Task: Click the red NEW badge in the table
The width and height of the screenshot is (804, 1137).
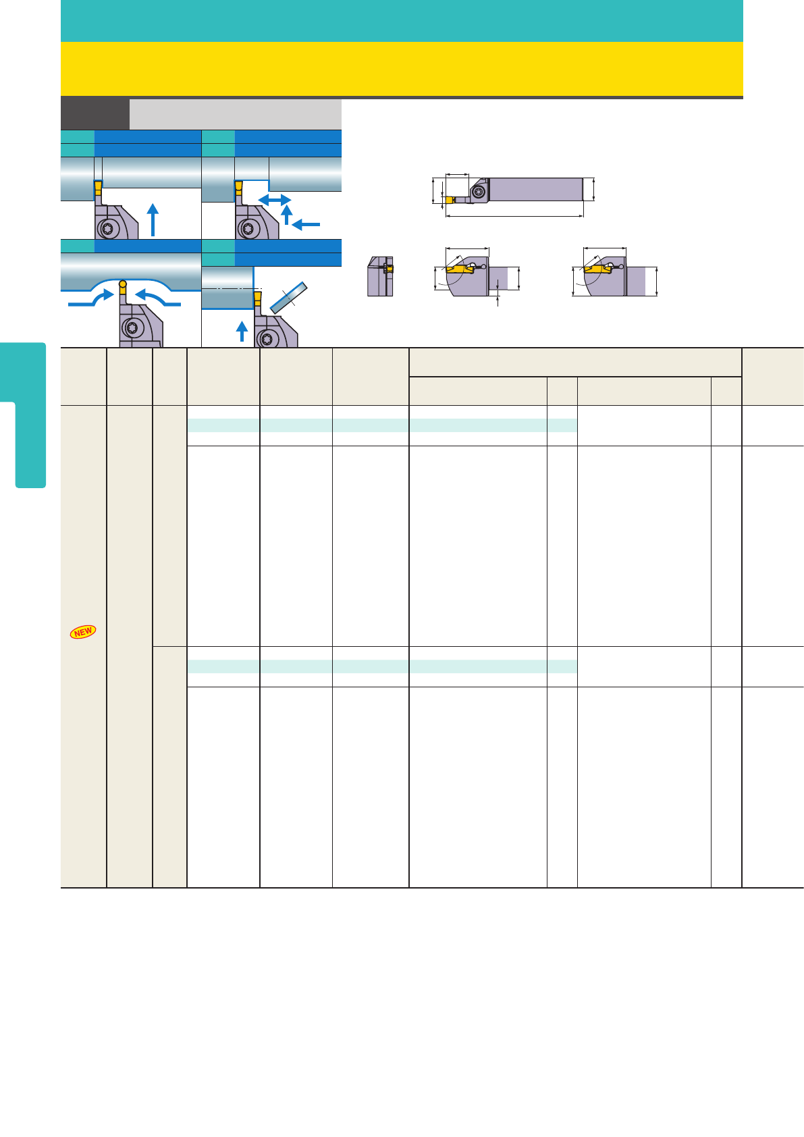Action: [83, 632]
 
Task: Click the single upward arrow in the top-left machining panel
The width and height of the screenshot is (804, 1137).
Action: [153, 220]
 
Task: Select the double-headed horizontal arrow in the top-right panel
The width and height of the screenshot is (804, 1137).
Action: [275, 200]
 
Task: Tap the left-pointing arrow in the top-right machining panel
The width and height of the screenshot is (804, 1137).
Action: [306, 224]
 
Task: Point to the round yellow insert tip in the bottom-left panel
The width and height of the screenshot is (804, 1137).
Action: [123, 284]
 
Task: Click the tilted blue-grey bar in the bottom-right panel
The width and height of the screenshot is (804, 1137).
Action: [288, 298]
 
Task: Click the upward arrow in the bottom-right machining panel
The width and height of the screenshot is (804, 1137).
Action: [242, 331]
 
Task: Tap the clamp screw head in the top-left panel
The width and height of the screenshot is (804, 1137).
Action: [108, 228]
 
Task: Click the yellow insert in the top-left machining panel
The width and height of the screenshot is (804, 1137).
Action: [98, 188]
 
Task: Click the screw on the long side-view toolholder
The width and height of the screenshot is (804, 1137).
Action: [479, 192]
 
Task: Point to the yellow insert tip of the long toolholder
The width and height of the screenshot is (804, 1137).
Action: [449, 200]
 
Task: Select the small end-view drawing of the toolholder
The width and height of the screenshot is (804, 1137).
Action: [380, 276]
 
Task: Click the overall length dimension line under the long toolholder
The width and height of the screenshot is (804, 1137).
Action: [514, 216]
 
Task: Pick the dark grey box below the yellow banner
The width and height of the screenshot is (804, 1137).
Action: [95, 114]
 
